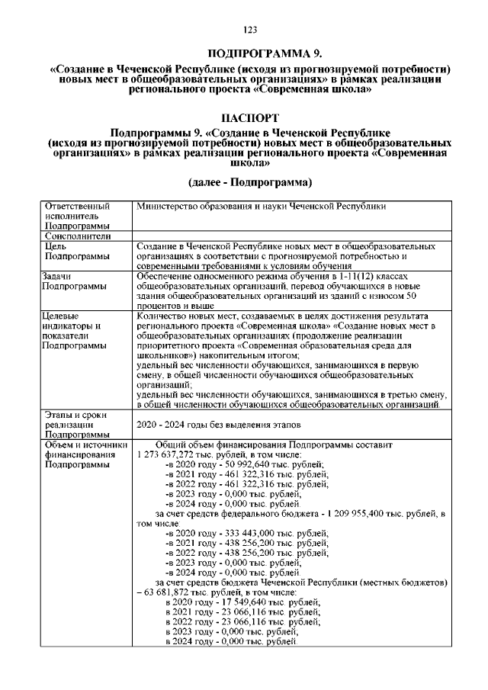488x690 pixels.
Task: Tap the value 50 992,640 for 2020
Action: click(x=226, y=464)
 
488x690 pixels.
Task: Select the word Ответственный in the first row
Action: click(x=77, y=206)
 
